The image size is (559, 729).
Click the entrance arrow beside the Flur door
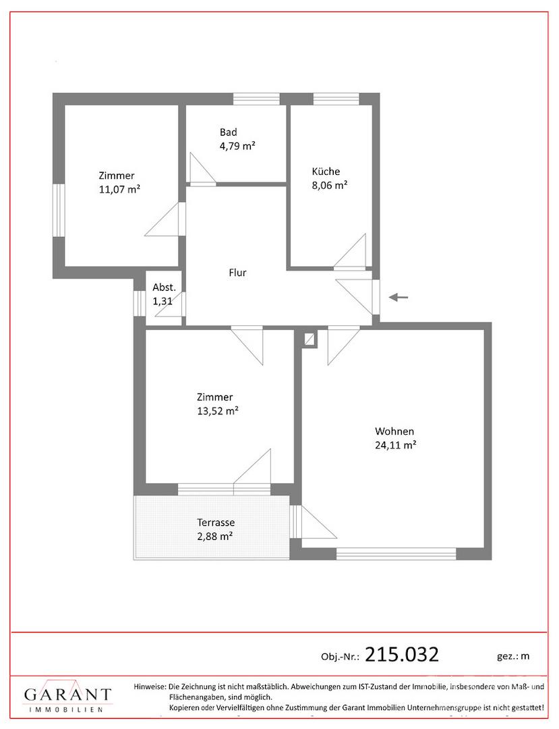399,297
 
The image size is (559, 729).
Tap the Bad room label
229,132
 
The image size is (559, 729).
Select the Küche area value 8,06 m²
330,185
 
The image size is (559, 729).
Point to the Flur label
237,273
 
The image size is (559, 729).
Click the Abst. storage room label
165,288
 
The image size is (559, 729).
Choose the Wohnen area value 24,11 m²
395,445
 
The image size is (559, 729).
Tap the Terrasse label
216,522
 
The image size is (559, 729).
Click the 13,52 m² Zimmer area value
218,411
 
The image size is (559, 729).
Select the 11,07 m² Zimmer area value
119,190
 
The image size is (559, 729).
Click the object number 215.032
402,655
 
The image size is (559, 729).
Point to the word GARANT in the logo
68,695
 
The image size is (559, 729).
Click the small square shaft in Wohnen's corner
309,339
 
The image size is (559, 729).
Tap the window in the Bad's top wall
256,99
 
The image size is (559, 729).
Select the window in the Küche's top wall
336,99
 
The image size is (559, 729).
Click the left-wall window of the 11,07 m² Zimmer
59,210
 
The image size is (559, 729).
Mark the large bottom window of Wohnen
396,553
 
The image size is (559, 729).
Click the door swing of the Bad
202,168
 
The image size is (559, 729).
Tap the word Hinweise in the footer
150,686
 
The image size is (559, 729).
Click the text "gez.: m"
513,657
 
